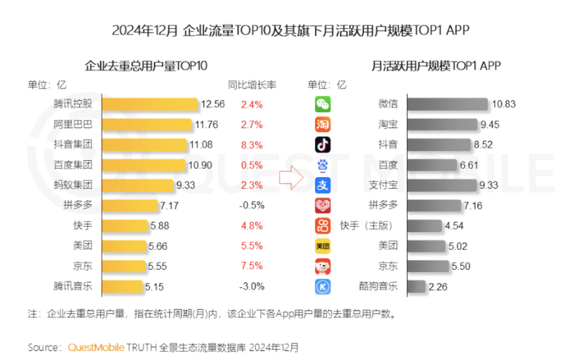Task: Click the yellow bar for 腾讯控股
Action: point(149,104)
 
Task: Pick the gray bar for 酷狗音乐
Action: point(417,286)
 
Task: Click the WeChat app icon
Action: point(324,104)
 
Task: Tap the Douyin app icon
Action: point(324,144)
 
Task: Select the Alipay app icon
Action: point(324,185)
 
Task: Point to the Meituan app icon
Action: point(324,245)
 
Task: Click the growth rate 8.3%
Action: point(251,144)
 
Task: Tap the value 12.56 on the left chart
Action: point(212,104)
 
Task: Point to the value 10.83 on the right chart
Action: point(503,104)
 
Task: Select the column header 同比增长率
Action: point(251,84)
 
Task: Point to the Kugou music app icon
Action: point(324,286)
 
